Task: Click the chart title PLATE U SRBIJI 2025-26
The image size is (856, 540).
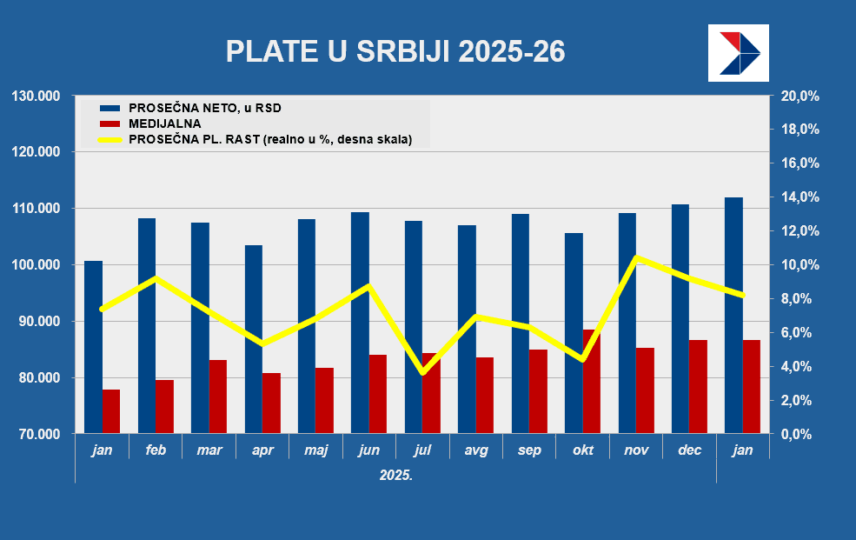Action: click(395, 51)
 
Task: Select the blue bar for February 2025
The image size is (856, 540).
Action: click(147, 326)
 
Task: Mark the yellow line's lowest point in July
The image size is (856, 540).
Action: click(423, 372)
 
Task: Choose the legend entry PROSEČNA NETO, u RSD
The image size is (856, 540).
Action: click(205, 109)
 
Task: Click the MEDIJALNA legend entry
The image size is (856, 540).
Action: click(164, 123)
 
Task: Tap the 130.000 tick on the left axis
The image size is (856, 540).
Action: click(36, 96)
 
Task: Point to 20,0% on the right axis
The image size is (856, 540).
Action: click(800, 96)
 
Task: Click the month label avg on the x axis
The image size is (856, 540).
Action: click(476, 450)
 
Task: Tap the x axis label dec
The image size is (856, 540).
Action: click(690, 450)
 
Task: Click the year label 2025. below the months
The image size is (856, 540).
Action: click(396, 476)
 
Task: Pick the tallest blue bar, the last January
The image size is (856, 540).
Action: click(733, 315)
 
